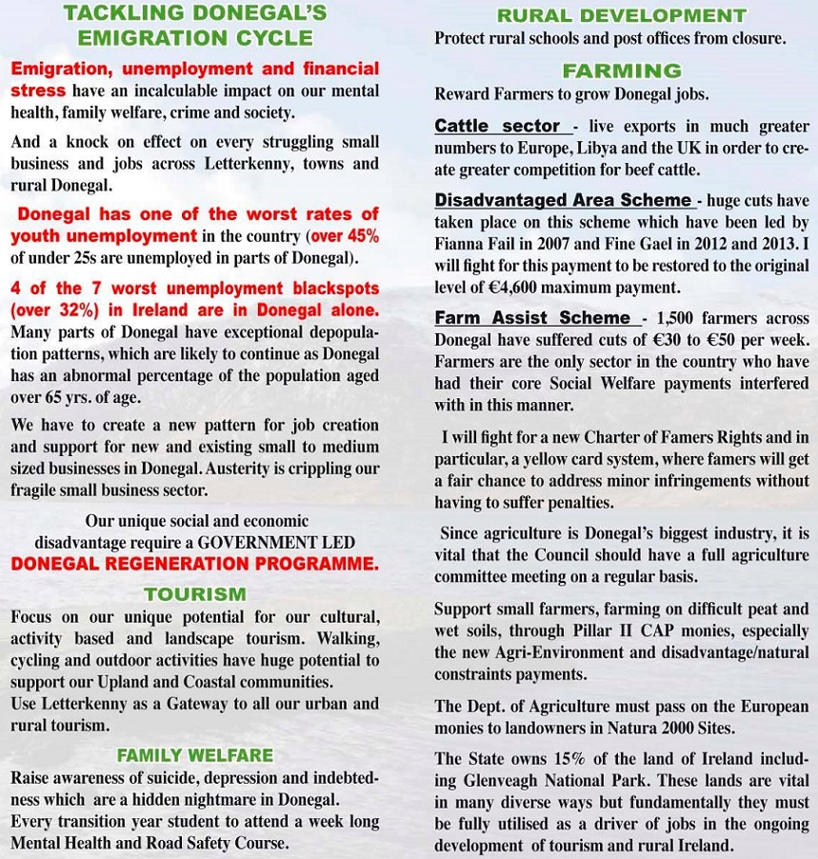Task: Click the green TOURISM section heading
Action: coord(194,594)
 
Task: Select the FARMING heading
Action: coord(622,70)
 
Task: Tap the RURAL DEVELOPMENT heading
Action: coord(622,16)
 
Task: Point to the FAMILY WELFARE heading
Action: coord(194,755)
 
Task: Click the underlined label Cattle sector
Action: coord(497,126)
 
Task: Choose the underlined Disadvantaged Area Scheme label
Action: coord(563,200)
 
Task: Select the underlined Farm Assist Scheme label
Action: coord(532,318)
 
